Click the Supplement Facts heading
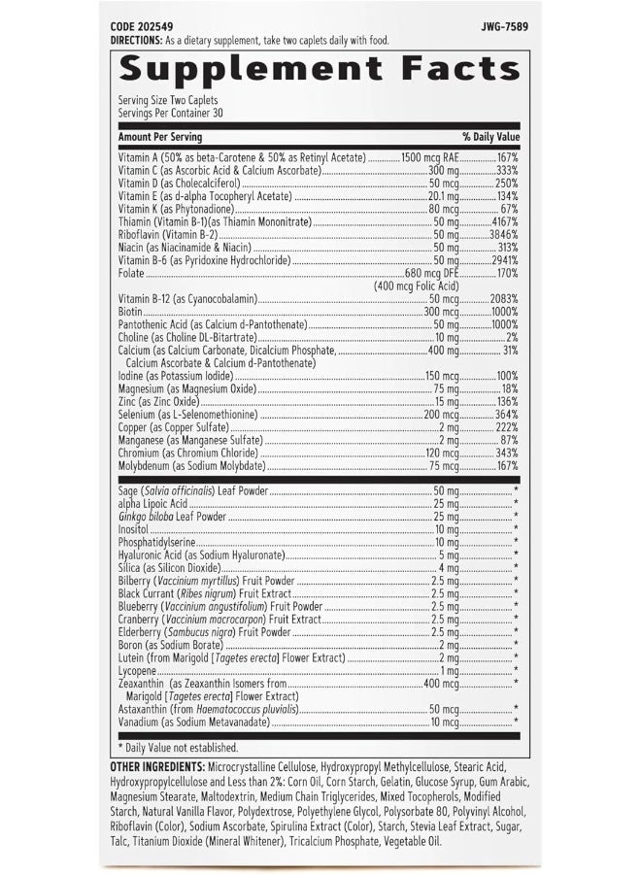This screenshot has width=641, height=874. click(320, 68)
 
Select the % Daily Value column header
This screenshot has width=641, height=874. click(491, 138)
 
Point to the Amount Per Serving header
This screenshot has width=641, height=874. click(160, 138)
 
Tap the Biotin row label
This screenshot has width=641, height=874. click(130, 312)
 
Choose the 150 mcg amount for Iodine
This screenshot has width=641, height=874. click(443, 376)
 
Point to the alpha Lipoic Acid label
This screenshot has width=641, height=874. click(152, 504)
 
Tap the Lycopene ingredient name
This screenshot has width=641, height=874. click(137, 670)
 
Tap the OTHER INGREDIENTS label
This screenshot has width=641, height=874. click(156, 767)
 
